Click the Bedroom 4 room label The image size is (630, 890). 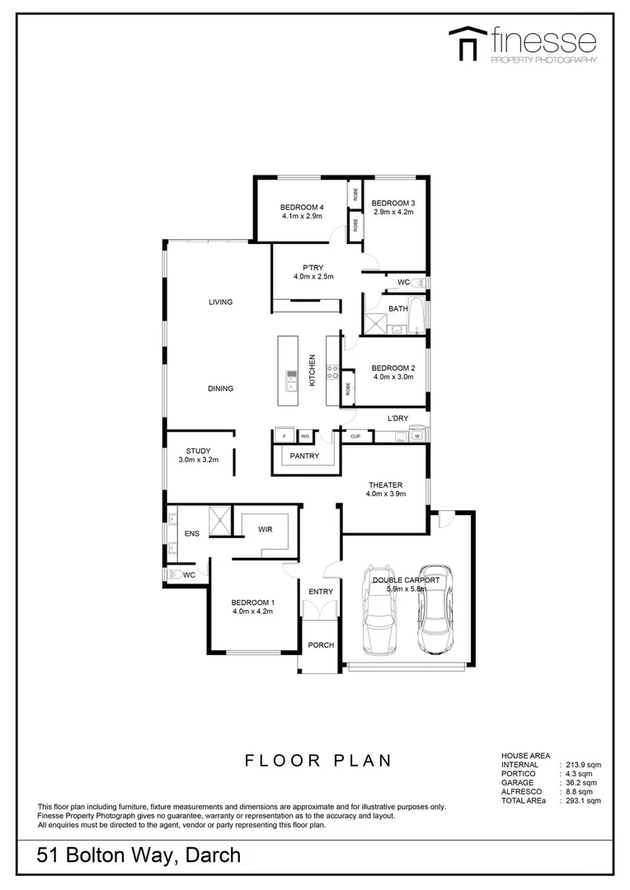tap(301, 206)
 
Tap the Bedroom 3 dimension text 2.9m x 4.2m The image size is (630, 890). tap(392, 213)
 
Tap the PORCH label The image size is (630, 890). tap(321, 645)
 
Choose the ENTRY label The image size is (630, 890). tap(321, 592)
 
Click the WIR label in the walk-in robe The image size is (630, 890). tap(265, 531)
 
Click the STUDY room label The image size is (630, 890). tap(198, 451)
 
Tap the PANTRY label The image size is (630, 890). tap(305, 456)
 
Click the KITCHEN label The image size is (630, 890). tap(312, 371)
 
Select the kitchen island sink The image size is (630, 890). tap(291, 379)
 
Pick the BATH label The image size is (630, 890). tap(398, 309)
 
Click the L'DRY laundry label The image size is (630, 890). tap(398, 419)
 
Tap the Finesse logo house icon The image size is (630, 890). tap(466, 44)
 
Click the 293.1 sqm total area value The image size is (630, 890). tap(582, 800)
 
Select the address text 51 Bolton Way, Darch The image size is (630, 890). tap(139, 855)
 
